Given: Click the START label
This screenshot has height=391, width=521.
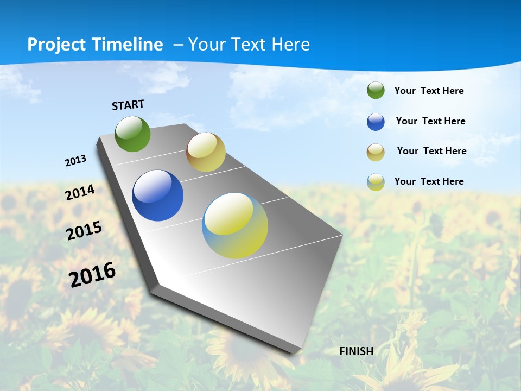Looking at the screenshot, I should click(128, 104).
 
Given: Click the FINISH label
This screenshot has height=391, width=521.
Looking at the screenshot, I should click(357, 351).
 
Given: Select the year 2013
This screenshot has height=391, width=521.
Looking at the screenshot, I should click(75, 161).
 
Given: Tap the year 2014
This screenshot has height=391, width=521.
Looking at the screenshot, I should click(80, 192).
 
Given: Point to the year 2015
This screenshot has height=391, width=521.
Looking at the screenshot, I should click(84, 230).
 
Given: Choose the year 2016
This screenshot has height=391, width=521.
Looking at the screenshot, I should click(92, 274).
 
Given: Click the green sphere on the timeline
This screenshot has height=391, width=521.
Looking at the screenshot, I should click(132, 134).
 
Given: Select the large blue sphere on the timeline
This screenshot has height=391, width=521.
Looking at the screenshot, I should click(157, 195).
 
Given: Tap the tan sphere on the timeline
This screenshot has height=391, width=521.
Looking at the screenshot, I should click(206, 152).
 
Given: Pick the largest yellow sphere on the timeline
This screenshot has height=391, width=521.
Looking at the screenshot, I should click(235, 225).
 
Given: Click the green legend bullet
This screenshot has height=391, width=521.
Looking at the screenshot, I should click(376, 90).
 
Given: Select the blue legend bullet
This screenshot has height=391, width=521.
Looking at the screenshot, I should click(376, 122).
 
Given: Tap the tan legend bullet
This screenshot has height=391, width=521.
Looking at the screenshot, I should click(376, 152).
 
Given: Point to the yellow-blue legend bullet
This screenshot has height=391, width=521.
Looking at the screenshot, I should click(376, 182).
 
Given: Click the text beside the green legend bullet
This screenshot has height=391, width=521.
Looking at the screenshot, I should click(429, 91).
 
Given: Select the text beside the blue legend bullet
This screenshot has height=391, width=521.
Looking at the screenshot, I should click(430, 121).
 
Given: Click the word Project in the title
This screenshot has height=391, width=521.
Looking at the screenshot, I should click(56, 45).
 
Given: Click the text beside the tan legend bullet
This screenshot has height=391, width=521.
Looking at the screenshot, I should click(431, 151).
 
